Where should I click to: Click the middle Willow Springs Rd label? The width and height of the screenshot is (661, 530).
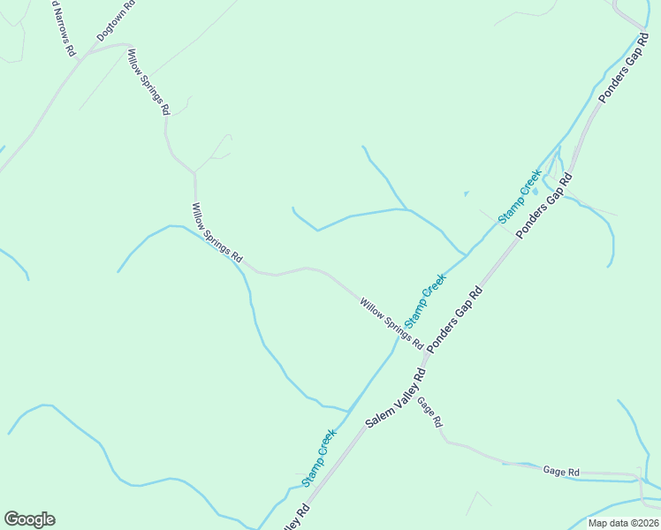click(217, 232)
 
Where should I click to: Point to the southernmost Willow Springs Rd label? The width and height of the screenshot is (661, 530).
click(391, 322)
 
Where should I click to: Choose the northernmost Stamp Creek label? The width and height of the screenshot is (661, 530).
click(519, 195)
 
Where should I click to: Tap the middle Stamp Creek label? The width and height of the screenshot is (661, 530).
click(426, 299)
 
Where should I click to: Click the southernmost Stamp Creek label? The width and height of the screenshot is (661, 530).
click(319, 458)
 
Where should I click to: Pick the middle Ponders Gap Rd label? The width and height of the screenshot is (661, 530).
click(544, 205)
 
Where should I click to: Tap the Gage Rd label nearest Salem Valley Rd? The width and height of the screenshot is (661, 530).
click(429, 412)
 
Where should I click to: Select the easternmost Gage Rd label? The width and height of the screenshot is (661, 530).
click(561, 473)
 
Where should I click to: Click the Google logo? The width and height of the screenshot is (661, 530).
click(29, 519)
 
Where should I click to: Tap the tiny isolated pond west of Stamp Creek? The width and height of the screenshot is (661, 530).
click(466, 193)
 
